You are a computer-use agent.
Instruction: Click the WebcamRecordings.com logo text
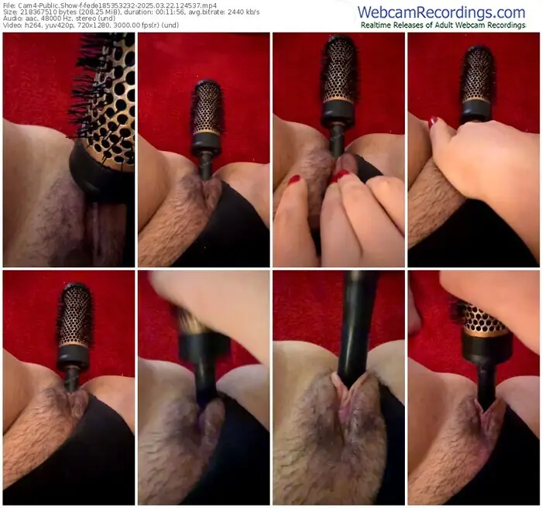[441, 12]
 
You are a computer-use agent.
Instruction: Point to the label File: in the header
[9, 5]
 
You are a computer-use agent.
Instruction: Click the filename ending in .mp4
[116, 5]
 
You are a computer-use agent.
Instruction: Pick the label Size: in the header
[9, 12]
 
